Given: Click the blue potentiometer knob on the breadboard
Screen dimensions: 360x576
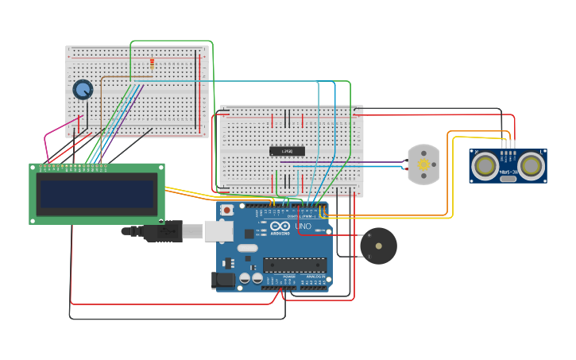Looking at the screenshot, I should [x=83, y=89].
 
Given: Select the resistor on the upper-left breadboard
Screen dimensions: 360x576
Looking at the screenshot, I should [x=152, y=64].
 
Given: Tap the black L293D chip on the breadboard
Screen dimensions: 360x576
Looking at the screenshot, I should [x=287, y=150].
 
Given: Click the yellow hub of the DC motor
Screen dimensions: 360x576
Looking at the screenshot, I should [x=423, y=165].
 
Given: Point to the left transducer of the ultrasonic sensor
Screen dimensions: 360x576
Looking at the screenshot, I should [x=484, y=165].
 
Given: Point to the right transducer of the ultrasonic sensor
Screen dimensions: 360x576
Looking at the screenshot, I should [x=531, y=165].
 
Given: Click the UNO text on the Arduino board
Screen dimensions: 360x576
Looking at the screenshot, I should [x=303, y=226].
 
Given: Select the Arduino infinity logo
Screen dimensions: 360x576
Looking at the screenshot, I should [x=280, y=226].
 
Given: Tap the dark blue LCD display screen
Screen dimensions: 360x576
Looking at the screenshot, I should [x=97, y=194].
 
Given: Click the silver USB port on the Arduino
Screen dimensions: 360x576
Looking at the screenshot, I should [x=218, y=230].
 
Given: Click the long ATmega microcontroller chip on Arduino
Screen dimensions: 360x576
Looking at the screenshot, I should [x=295, y=264].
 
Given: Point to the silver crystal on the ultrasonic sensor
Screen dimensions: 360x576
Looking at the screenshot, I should [x=507, y=178].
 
